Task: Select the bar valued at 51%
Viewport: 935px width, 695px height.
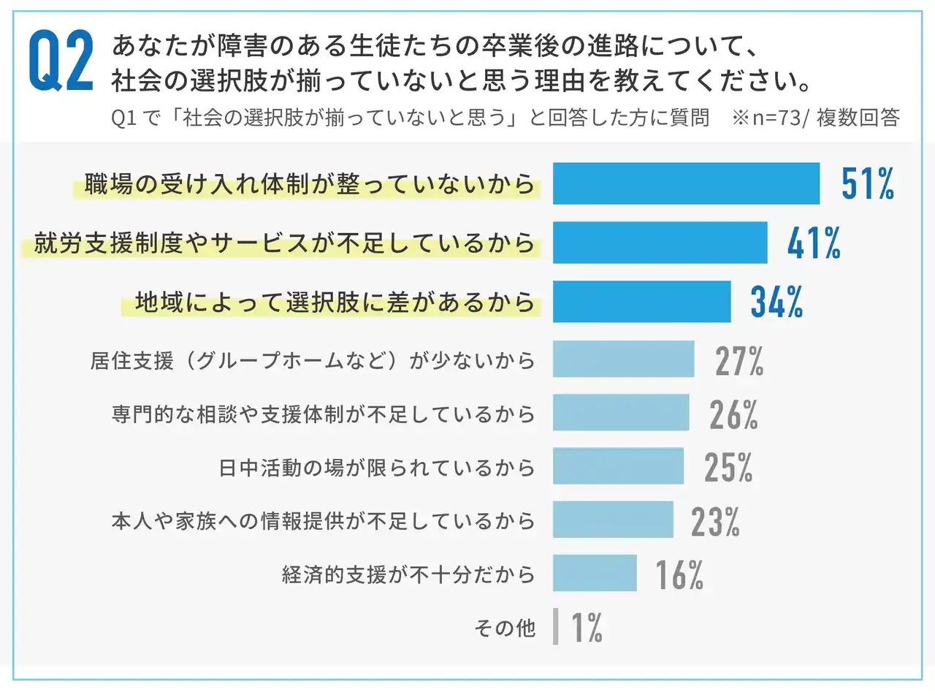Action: coord(686,183)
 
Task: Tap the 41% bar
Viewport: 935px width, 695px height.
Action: coord(660,243)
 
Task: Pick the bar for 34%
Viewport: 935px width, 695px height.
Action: coord(641,301)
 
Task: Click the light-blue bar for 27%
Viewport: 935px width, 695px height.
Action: coord(623,359)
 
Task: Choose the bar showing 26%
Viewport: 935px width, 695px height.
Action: coord(621,412)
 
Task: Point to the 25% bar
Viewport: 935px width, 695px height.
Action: coord(618,466)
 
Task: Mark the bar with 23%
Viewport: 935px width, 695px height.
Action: coord(613,520)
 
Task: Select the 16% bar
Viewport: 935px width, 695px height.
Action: coord(595,573)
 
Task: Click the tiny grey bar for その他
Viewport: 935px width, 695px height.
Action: coord(556,627)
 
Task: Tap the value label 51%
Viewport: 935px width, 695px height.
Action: coord(867,183)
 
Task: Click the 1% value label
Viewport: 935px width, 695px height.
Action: coord(586,628)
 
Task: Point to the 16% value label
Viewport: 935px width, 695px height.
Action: coord(679,574)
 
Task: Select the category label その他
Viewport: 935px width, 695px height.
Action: coord(505,628)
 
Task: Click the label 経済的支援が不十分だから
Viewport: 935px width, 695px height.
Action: coord(408,574)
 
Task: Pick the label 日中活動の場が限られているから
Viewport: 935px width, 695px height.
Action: coord(377,467)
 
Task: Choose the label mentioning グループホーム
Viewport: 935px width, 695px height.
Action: coord(313,360)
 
